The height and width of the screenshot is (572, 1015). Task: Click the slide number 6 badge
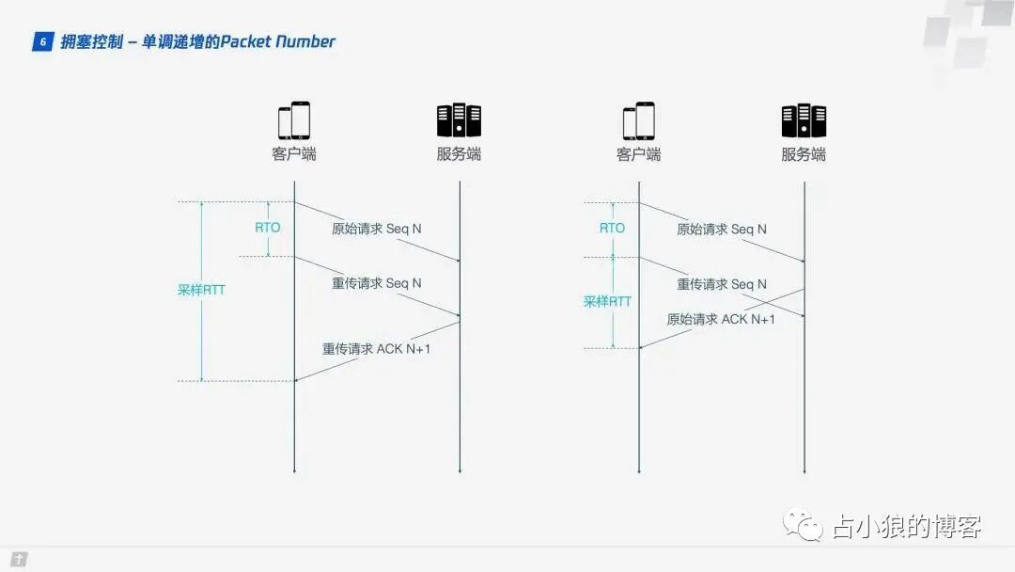click(x=42, y=42)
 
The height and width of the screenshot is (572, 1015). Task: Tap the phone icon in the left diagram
click(x=294, y=120)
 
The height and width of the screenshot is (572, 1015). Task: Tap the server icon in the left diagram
click(x=459, y=120)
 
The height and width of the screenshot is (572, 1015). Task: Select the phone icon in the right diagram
click(x=639, y=120)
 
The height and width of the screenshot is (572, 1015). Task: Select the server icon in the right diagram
click(x=804, y=120)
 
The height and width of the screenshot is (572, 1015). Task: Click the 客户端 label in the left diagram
click(x=294, y=154)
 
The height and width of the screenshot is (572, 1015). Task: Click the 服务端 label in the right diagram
click(x=804, y=154)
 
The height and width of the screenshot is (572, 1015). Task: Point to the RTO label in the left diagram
click(x=268, y=228)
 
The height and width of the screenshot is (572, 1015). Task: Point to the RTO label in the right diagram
click(x=612, y=228)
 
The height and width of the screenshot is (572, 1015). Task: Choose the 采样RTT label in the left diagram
click(x=201, y=290)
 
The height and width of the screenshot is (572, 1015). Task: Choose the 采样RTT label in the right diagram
click(x=607, y=301)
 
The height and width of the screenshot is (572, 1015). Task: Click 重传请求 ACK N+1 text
click(x=376, y=348)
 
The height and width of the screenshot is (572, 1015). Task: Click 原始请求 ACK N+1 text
click(x=721, y=319)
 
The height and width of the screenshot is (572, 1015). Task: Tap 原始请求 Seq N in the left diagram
click(x=376, y=229)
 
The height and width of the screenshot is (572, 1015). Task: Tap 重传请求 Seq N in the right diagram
click(x=722, y=284)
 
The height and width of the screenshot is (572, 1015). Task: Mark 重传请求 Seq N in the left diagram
click(x=376, y=283)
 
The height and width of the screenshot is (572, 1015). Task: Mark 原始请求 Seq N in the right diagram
click(x=722, y=229)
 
